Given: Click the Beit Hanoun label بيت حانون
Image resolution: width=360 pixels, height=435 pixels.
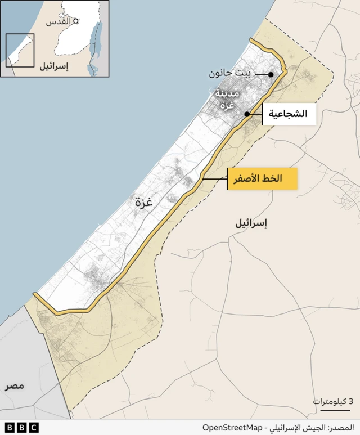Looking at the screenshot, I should coord(231,74).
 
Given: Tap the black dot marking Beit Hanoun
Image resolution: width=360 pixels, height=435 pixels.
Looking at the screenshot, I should coord(271,74).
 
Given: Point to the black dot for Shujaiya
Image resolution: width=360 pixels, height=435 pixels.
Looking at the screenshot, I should coord(246,114).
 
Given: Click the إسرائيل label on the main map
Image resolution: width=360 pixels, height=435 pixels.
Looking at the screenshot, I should coord(251,223).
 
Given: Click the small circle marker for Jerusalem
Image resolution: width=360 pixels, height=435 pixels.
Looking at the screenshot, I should coord(76,20).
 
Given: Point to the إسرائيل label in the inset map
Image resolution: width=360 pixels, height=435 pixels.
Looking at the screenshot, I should coord(53,67).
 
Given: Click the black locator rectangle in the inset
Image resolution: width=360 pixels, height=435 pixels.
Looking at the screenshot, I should coord(20,51).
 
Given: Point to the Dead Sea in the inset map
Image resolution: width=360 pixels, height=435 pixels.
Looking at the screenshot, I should coord(93,56).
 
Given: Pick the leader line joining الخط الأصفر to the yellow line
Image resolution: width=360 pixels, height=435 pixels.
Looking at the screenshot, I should coord(215,179).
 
